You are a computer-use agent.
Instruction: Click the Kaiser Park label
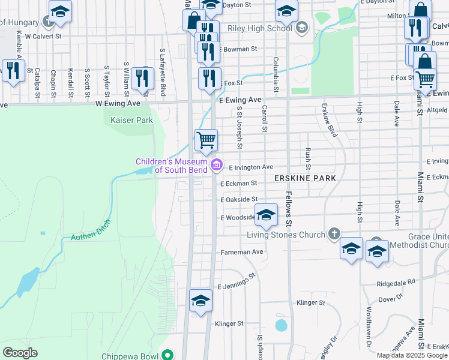132,120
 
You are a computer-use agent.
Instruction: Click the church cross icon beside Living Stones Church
335,234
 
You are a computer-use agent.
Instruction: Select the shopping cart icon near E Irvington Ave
206,139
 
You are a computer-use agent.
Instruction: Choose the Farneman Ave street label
242,252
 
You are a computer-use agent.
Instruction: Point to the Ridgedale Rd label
396,281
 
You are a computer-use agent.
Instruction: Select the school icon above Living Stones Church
266,214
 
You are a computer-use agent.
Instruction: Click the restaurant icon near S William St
142,79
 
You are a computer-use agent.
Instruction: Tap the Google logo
20,352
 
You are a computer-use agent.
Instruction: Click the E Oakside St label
239,199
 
